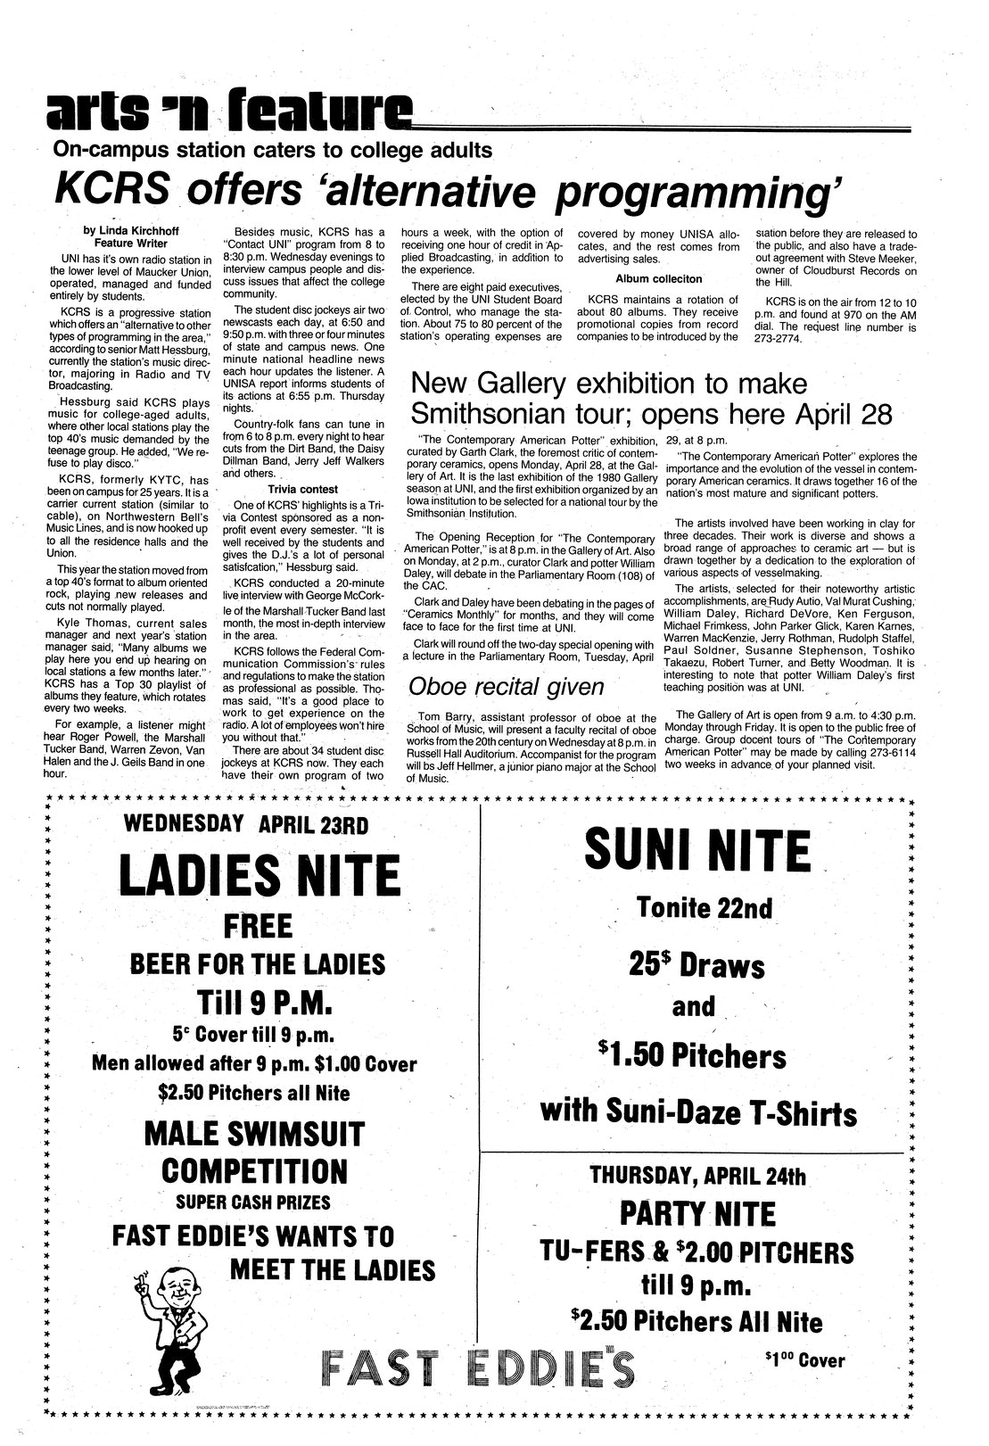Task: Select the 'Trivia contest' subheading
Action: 303,490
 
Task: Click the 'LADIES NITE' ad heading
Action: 259,876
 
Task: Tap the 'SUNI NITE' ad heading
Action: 697,851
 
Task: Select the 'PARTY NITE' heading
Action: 697,1214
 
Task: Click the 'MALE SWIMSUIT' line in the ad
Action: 254,1135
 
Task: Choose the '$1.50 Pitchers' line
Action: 694,1057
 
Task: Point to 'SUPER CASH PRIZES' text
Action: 252,1202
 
